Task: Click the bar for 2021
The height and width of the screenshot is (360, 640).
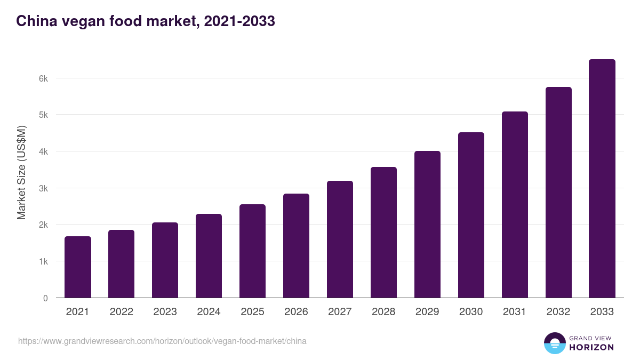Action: [x=78, y=267]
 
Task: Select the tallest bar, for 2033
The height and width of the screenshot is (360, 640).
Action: [x=602, y=179]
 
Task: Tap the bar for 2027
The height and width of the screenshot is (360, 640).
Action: [x=340, y=239]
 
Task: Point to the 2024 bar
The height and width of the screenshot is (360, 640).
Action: [x=209, y=256]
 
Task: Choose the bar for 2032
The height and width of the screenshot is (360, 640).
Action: [x=558, y=193]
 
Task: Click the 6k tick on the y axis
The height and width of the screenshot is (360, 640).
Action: [x=43, y=78]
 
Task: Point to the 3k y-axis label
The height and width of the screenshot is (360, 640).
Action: [x=43, y=188]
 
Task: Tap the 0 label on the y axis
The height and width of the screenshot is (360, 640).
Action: [x=45, y=298]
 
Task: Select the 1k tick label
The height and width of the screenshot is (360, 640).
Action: [x=43, y=261]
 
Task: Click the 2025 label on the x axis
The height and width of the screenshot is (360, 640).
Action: [x=252, y=312]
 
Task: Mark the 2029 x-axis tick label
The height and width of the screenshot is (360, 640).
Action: [x=427, y=312]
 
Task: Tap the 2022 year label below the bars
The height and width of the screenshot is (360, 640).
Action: [x=121, y=312]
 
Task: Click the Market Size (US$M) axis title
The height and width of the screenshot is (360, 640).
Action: [x=21, y=172]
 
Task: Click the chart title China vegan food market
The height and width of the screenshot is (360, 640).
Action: [x=145, y=21]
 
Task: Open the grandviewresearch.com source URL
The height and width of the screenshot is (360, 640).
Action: [x=162, y=341]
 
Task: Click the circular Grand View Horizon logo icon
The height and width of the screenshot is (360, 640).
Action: [x=554, y=343]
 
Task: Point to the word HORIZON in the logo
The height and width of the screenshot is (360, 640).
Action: [x=591, y=347]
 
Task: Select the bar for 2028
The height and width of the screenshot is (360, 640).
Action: [x=383, y=233]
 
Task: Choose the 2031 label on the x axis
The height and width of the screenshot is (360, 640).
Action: [x=515, y=312]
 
